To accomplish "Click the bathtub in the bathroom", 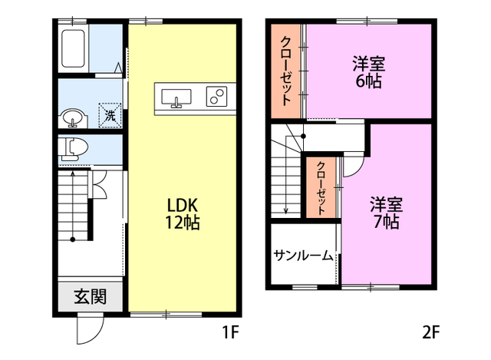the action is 73,48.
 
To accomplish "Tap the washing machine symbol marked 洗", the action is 110,115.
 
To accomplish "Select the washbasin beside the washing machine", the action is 74,118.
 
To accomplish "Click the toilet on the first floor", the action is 74,147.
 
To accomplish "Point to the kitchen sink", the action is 176,97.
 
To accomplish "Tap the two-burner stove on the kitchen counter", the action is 216,96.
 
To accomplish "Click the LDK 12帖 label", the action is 183,214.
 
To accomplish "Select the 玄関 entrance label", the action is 91,296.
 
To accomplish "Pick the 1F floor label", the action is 231,332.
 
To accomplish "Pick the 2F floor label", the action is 431,332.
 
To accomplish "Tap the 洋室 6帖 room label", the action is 368,72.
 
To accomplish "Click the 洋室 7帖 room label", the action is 386,213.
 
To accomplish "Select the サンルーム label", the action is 303,256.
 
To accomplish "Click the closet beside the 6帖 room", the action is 286,71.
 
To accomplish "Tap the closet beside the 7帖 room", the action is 321,187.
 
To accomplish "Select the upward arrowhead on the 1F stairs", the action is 73,172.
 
